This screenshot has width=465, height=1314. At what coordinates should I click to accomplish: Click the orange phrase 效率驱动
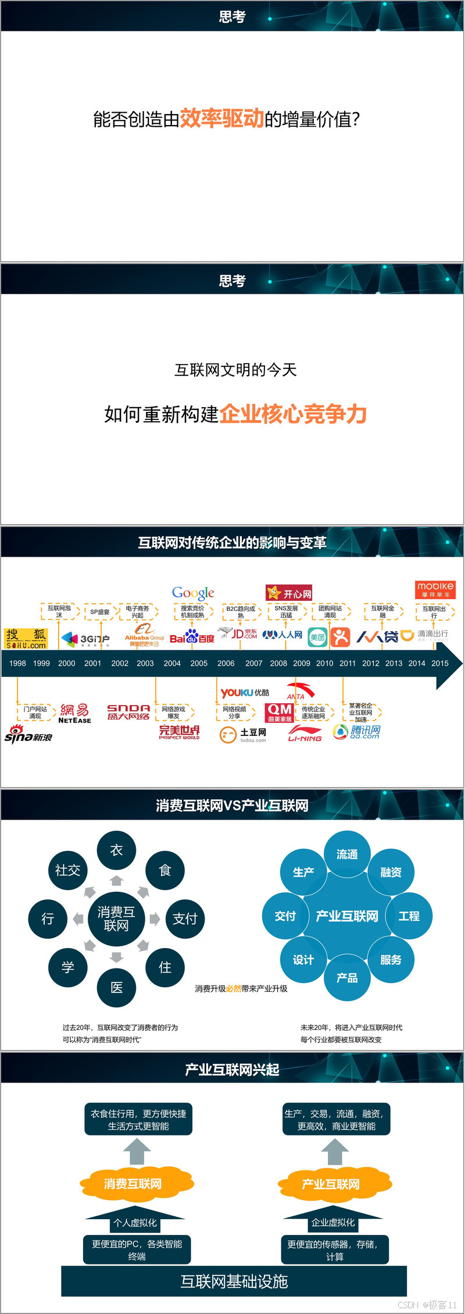click(221, 118)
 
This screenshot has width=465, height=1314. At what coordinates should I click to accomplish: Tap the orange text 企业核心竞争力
click(293, 414)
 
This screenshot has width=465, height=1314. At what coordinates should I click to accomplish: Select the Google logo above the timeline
click(193, 593)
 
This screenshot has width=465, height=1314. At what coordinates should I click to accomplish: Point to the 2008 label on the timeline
click(278, 663)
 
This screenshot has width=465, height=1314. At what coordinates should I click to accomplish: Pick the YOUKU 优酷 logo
click(245, 693)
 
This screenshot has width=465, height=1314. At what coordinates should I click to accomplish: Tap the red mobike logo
click(435, 589)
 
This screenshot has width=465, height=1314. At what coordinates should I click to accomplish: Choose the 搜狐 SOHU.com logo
click(26, 639)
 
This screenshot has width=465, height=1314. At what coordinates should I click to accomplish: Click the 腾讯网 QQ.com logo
click(357, 732)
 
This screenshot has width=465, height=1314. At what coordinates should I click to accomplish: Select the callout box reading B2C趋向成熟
click(241, 612)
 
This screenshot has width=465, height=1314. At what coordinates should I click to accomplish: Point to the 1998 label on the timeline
click(17, 663)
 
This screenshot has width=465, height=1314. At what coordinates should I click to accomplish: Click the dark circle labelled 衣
click(116, 850)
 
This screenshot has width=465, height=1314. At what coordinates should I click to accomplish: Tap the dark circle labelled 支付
click(185, 918)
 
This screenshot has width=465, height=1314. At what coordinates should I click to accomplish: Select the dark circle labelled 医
click(116, 987)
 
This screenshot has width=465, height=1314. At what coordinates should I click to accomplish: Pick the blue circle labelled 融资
click(391, 872)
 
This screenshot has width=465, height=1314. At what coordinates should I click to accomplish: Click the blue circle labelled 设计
click(303, 960)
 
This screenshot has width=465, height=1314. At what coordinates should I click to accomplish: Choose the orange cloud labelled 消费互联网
click(133, 1184)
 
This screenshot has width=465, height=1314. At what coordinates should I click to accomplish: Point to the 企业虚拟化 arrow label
click(332, 1222)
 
